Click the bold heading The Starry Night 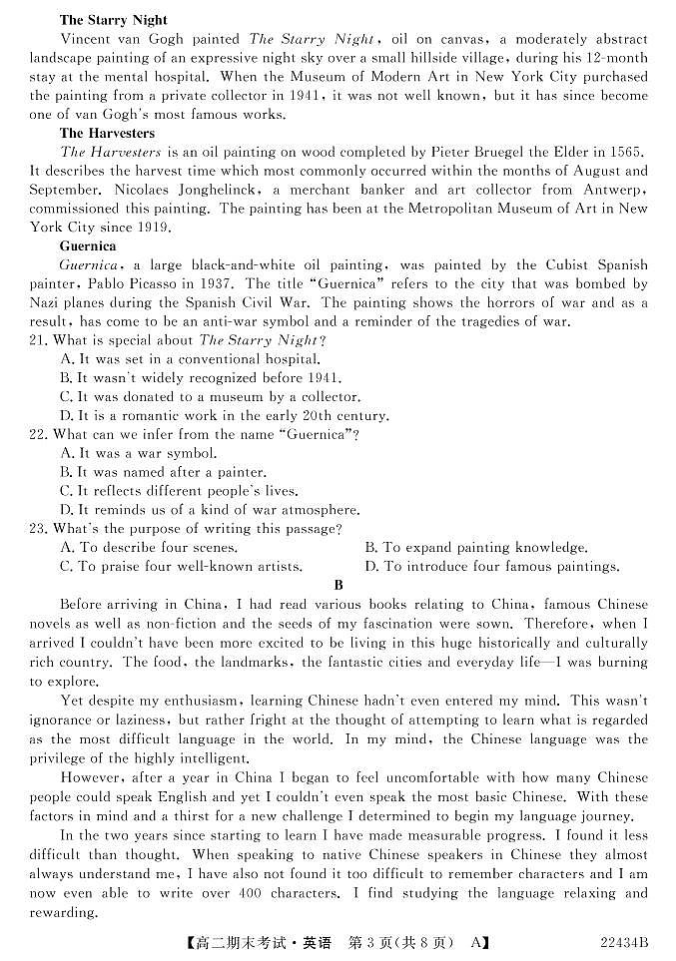tap(113, 20)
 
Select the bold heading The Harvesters tap(107, 133)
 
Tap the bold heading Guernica tap(88, 245)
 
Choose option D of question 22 tap(209, 510)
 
